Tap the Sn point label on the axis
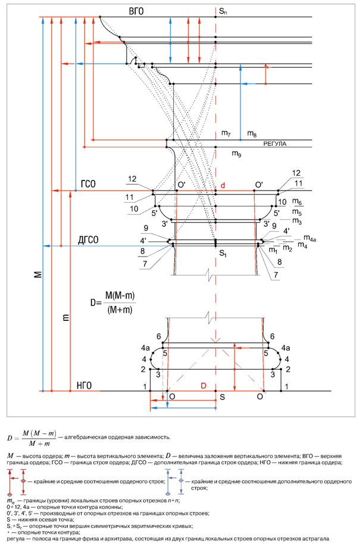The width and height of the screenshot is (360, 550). [x=223, y=11]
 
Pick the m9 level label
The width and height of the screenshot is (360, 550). [x=237, y=154]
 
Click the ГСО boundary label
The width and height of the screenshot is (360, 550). [x=88, y=184]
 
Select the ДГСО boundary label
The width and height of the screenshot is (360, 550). [x=88, y=240]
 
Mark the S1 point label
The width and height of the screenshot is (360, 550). [x=222, y=254]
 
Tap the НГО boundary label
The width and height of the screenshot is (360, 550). [x=84, y=386]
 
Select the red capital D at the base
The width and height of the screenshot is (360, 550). [x=204, y=386]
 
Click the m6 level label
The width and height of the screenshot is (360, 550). [x=297, y=203]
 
